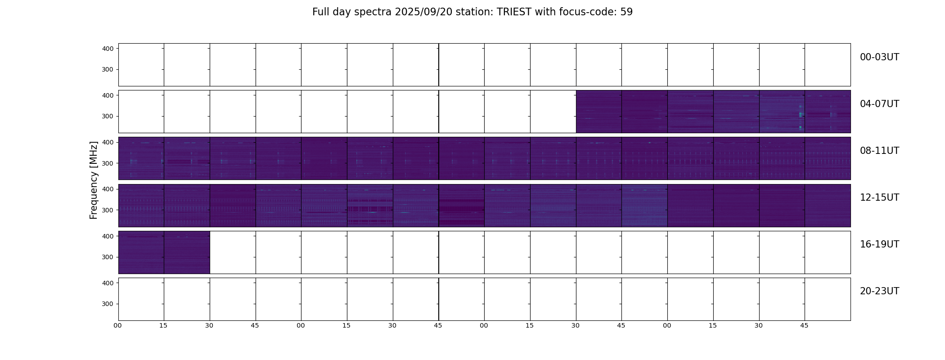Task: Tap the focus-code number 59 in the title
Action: pos(626,12)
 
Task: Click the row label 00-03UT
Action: pos(879,57)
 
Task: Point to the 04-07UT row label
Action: pos(879,104)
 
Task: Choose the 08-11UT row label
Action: pos(879,151)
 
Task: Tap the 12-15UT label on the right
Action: pos(879,198)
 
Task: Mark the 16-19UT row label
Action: pos(879,244)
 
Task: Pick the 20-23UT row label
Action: pos(879,291)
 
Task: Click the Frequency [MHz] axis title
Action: pos(94,180)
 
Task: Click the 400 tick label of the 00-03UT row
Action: pos(108,49)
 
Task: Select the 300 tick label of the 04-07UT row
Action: pos(108,116)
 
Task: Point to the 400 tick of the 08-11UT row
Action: pos(108,142)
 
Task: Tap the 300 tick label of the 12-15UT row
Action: pos(108,210)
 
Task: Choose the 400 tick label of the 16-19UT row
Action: pos(108,236)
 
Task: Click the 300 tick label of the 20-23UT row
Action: pos(108,304)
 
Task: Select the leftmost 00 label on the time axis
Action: pos(118,326)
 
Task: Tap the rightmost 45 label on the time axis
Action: pos(804,326)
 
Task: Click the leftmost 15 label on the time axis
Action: pos(163,326)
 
